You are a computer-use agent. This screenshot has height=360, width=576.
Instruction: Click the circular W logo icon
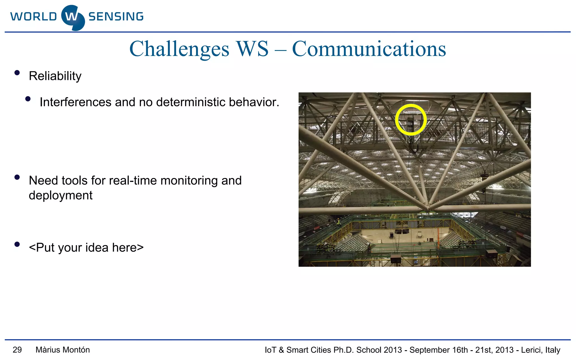coord(73,17)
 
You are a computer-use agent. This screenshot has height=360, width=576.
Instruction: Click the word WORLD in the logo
coord(34,17)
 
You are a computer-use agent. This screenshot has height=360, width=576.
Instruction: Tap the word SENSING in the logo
coord(116,17)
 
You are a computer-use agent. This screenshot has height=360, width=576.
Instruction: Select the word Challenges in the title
coord(179,49)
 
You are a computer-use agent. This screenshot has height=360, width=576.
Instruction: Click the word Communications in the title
coord(369,49)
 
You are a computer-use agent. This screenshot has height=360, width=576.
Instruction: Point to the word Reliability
coord(55,76)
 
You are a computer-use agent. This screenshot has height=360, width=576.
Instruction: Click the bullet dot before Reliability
coord(17,73)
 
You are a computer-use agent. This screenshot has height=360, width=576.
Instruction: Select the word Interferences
coord(75,102)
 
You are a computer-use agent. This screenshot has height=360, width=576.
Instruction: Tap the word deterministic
coord(191,102)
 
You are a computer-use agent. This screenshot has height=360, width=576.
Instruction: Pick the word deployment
coord(60,195)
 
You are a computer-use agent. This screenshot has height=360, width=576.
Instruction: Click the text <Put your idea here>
coord(86,247)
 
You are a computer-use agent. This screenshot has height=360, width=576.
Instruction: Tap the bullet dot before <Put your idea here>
coord(17,244)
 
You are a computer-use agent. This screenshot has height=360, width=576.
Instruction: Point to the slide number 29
coord(17,350)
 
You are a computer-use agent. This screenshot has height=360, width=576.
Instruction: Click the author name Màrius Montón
coord(63,350)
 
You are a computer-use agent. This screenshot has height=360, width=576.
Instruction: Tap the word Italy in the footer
coord(553,350)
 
